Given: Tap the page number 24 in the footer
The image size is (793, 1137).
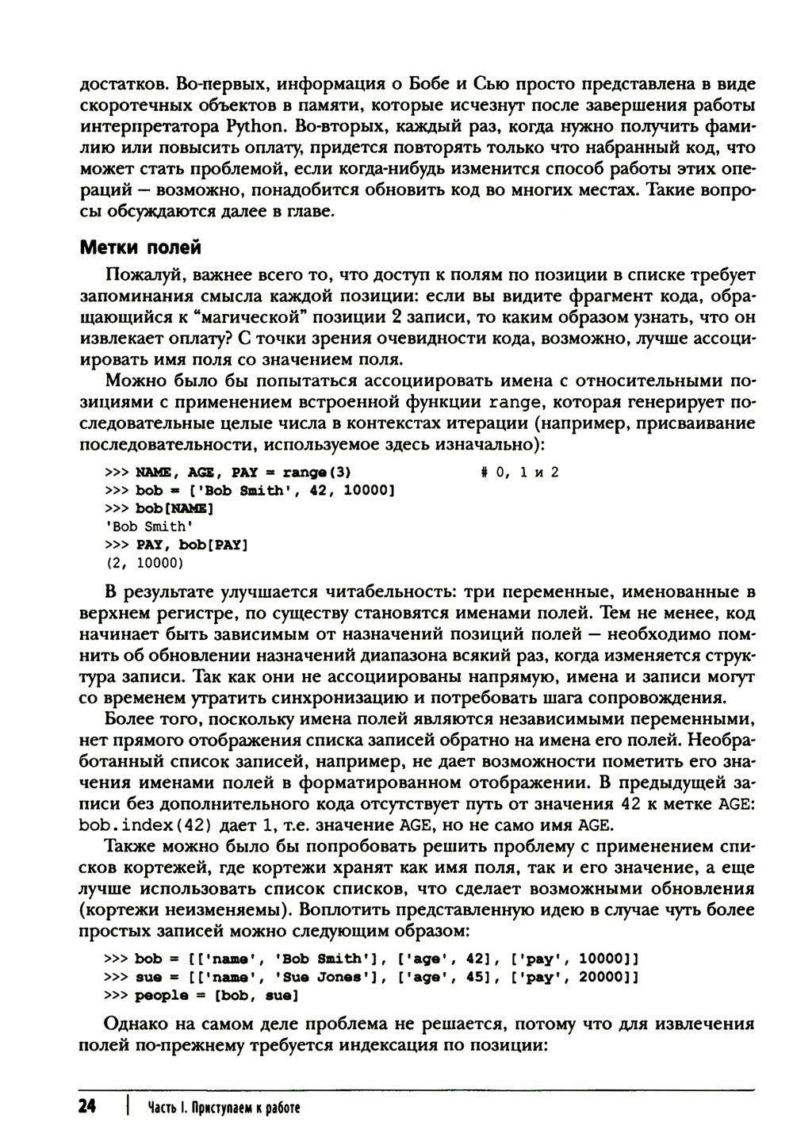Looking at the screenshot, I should [x=88, y=1107].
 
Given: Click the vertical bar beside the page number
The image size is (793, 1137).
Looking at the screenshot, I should [x=126, y=1107].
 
